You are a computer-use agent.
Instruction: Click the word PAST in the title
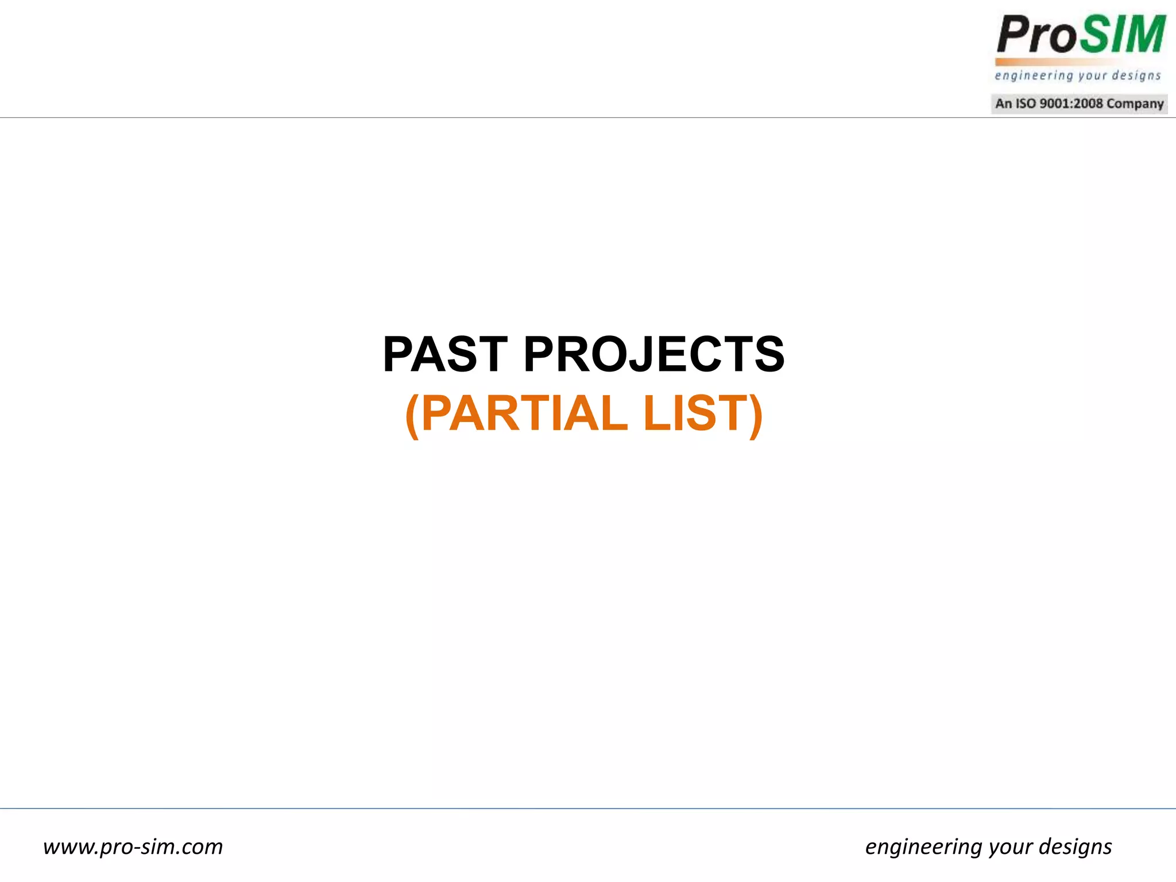445,354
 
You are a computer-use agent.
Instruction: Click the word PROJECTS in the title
653,354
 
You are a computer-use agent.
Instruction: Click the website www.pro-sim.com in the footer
133,847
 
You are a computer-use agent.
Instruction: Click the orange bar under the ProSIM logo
1057,61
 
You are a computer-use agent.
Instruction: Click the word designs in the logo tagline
1136,76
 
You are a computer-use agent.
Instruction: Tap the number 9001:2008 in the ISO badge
1071,104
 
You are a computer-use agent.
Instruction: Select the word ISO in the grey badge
1026,104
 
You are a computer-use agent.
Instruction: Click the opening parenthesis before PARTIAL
412,415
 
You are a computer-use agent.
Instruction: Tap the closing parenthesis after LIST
756,415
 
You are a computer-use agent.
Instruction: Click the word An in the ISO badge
1003,104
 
